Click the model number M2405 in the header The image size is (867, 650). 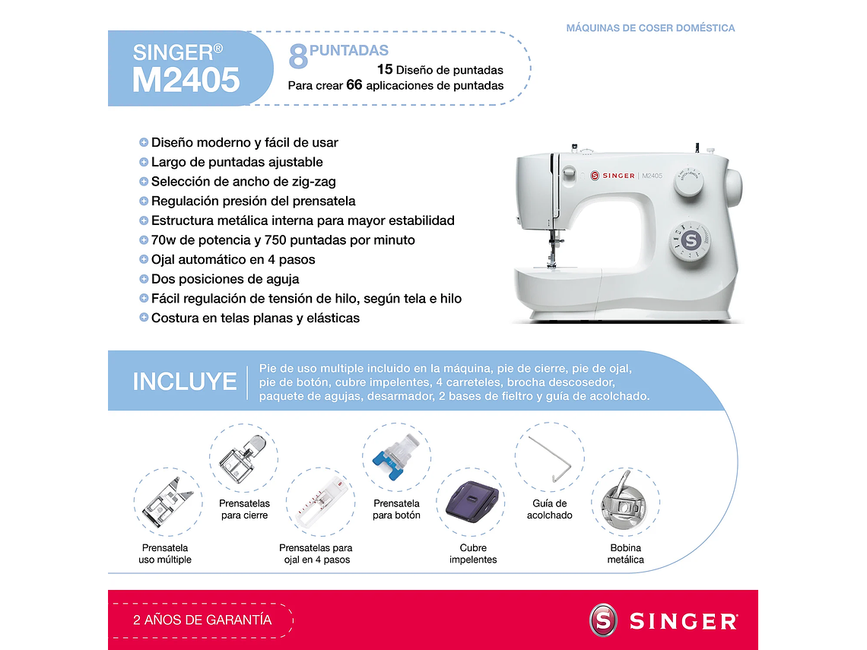(186, 80)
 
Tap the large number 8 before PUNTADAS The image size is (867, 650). (298, 57)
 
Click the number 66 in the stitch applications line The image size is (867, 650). (354, 85)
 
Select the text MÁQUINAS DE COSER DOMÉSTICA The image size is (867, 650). (650, 28)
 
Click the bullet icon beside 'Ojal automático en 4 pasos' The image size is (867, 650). (144, 259)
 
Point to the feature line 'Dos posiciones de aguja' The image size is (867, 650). (225, 279)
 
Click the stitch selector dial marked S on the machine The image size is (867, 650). (691, 240)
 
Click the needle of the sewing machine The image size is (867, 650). (552, 252)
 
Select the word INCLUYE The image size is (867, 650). (185, 382)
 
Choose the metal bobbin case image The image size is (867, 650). (624, 502)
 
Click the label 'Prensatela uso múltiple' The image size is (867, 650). (165, 553)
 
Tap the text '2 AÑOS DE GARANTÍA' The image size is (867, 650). (202, 620)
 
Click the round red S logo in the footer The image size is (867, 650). (604, 620)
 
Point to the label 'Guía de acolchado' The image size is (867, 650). (549, 509)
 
